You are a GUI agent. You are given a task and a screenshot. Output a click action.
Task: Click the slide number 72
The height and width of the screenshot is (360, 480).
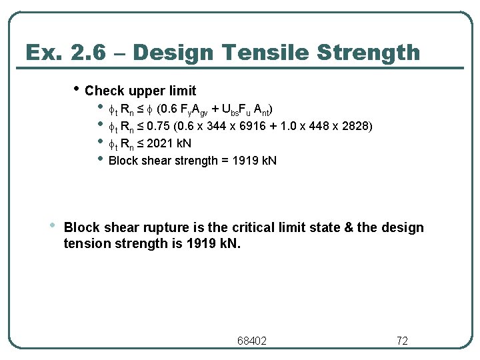coord(402,341)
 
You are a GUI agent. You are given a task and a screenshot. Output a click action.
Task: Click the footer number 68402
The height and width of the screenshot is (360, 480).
coord(252,341)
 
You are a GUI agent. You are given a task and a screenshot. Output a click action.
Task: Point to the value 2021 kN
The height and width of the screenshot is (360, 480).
coord(169,143)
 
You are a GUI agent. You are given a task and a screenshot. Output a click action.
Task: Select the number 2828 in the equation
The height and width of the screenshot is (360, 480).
coord(357,126)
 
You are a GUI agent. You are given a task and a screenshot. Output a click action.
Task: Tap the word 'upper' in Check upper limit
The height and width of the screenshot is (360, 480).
coord(140,91)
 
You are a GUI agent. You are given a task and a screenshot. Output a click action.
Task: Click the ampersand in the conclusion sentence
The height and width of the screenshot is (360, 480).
coord(346,228)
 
